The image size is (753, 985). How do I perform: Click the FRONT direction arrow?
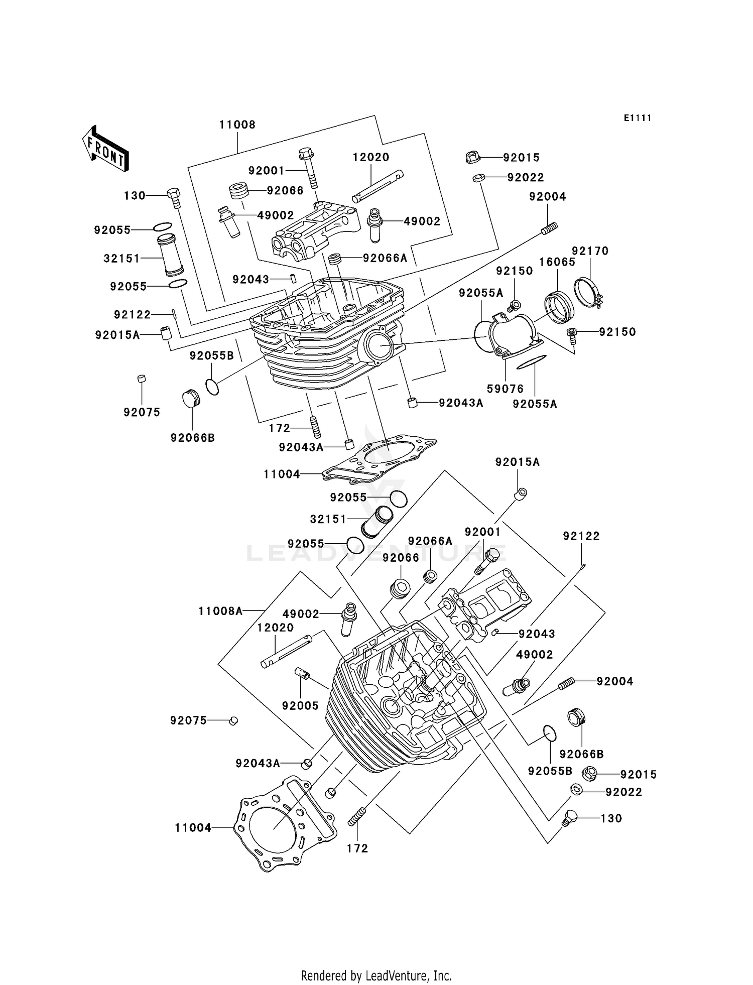105,149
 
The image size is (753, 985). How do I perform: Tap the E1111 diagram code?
638,118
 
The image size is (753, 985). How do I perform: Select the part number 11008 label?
237,125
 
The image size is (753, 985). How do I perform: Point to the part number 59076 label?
505,389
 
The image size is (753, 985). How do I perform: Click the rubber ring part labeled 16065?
559,307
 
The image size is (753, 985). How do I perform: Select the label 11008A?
220,611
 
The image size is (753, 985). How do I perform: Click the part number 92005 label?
300,705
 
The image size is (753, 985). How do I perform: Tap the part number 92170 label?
590,251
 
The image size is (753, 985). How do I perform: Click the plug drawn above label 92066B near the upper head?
191,400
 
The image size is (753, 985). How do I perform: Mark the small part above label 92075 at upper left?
142,378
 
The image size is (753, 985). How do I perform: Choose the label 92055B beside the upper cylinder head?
211,355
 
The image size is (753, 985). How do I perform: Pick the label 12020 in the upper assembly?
370,157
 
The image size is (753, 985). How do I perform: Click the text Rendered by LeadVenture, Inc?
376,975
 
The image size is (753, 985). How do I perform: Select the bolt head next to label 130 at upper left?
173,194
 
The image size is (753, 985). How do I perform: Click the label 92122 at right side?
581,536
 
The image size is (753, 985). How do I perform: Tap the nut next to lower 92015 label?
591,774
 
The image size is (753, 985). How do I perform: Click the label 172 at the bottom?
357,848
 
